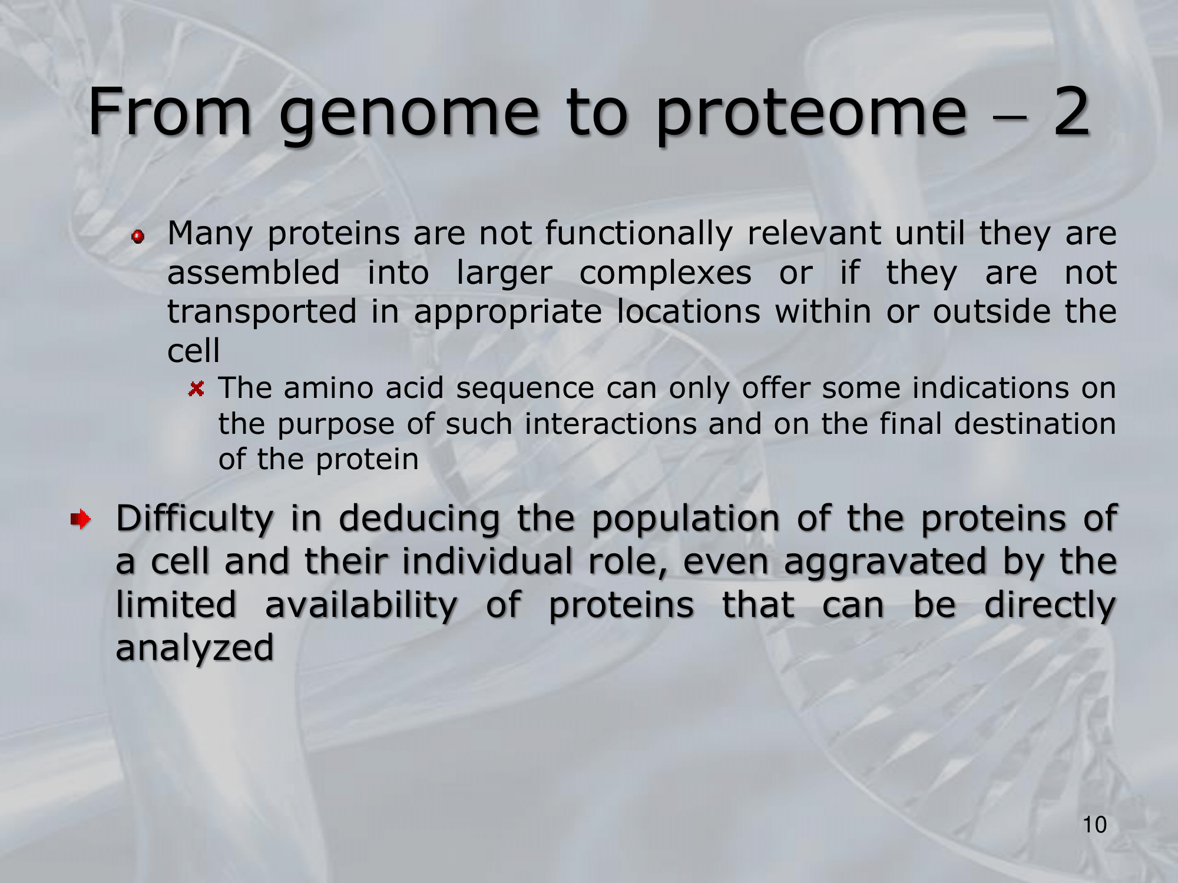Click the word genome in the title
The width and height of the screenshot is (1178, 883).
(409, 115)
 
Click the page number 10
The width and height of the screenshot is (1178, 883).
(1095, 825)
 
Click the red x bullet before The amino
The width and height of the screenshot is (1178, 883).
(197, 389)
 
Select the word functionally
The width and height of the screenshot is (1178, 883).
(638, 234)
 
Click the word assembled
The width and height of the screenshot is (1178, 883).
(254, 273)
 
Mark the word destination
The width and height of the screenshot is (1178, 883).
(1035, 424)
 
